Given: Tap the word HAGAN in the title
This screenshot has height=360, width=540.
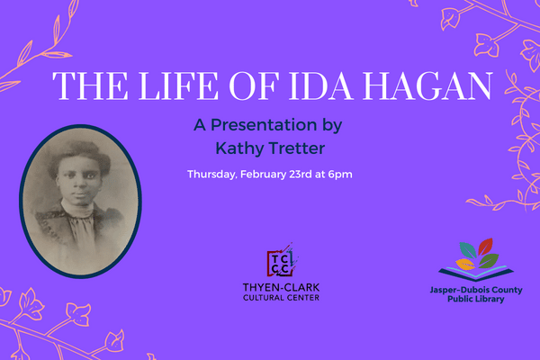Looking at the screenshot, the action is (427, 85).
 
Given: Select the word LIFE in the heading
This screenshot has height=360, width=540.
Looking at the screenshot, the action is (178, 85).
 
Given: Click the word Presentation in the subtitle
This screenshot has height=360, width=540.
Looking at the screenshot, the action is (264, 125).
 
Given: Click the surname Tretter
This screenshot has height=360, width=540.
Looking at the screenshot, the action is (297, 148).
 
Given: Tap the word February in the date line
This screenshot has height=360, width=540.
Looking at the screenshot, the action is (263, 175).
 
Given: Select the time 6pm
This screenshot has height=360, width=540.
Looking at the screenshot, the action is (340, 175).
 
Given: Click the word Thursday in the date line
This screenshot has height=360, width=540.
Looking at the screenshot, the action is (211, 175).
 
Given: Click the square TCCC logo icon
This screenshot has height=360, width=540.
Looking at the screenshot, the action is (281, 262).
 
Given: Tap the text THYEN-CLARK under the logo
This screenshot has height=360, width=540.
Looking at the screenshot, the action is (281, 287).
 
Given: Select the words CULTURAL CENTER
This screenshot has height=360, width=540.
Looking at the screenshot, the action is (281, 298).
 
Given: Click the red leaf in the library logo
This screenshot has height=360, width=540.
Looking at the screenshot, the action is (485, 247).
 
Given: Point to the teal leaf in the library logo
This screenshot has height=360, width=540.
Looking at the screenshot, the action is (468, 250).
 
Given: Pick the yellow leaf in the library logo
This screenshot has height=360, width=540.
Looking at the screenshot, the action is (465, 265).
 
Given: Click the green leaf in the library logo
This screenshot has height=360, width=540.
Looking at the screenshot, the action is (489, 261).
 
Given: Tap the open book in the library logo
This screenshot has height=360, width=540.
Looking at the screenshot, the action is (476, 274).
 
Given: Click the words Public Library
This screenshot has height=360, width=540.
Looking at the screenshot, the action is (475, 299).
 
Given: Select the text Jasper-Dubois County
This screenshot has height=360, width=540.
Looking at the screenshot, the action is (476, 290).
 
